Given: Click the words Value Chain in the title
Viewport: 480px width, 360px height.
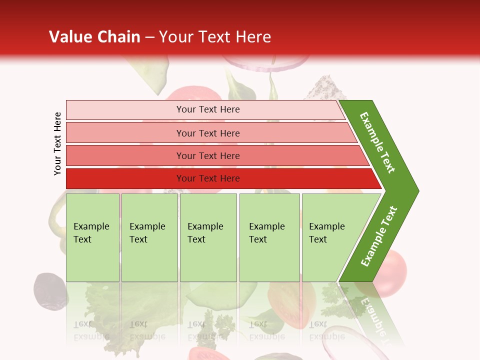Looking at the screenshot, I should coord(94,37).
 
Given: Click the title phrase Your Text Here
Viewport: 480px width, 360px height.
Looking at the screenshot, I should coord(215,37).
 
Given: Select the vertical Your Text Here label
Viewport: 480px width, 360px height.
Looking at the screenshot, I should coord(57,143).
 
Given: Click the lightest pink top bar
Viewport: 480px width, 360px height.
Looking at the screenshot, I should coord(205,109).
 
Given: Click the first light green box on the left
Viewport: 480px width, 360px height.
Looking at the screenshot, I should coord(92,237).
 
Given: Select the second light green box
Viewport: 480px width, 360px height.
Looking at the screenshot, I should coord(149,237).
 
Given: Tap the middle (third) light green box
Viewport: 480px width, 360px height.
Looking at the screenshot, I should coord(208,237).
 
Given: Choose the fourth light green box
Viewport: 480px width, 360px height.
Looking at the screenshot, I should coord(269,237).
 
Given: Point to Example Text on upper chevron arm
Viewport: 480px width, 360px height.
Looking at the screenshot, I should coord(377,142).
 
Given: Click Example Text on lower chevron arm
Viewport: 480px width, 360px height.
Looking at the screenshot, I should coord(379,236).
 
